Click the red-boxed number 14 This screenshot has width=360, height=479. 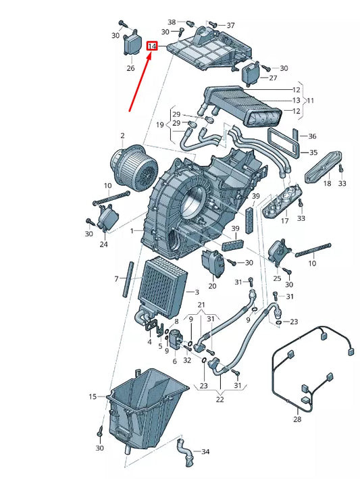153,47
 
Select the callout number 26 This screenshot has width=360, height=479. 131,68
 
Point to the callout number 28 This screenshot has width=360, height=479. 298,419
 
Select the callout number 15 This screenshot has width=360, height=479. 93,397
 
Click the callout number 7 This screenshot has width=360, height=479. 116,278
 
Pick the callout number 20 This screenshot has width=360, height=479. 213,286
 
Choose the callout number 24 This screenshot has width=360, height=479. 104,245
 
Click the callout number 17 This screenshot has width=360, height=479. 284,220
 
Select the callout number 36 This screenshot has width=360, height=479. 312,136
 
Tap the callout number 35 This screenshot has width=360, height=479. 312,153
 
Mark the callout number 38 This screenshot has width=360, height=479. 172,22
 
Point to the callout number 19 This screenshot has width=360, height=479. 159,125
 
